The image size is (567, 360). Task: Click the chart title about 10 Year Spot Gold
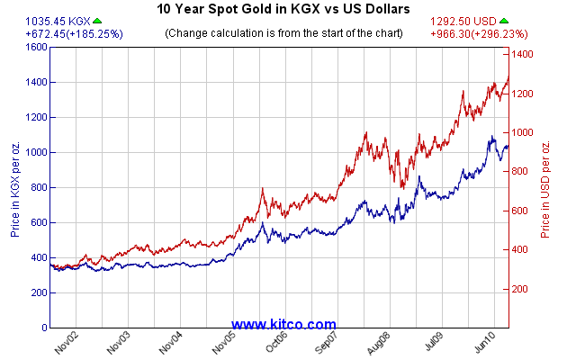pyautogui.click(x=283, y=9)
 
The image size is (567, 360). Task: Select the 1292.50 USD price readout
pyautogui.click(x=467, y=20)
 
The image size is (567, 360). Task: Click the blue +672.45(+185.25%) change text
pyautogui.click(x=62, y=34)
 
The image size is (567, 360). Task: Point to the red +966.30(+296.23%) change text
pyautogui.click(x=490, y=34)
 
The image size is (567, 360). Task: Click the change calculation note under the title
pyautogui.click(x=283, y=34)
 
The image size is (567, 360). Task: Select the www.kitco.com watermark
pyautogui.click(x=283, y=324)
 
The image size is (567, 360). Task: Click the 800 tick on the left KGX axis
pyautogui.click(x=37, y=187)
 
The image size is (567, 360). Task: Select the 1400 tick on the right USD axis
pyautogui.click(x=524, y=55)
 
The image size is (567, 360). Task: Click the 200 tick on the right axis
pyautogui.click(x=521, y=290)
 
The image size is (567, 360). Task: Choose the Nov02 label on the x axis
pyautogui.click(x=66, y=343)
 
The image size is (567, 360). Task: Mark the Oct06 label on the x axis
pyautogui.click(x=275, y=343)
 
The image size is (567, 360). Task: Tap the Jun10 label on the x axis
pyautogui.click(x=486, y=343)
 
